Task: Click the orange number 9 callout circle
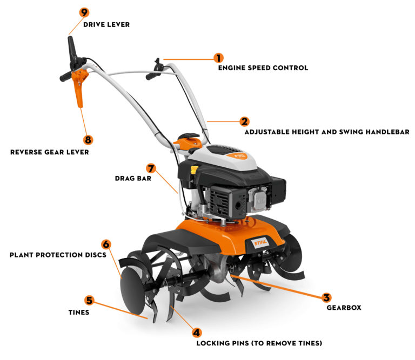point(84,12)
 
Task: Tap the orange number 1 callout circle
point(219,58)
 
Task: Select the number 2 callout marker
point(245,121)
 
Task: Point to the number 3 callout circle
point(326,297)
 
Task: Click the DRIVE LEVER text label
point(106,25)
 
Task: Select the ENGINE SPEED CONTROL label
point(263,68)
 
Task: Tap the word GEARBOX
point(344,308)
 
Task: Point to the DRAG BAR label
point(133,179)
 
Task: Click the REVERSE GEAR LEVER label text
point(50,152)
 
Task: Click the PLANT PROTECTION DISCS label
point(58,255)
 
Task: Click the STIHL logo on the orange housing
point(260,242)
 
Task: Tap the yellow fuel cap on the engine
point(195,169)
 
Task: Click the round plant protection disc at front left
point(132,290)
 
